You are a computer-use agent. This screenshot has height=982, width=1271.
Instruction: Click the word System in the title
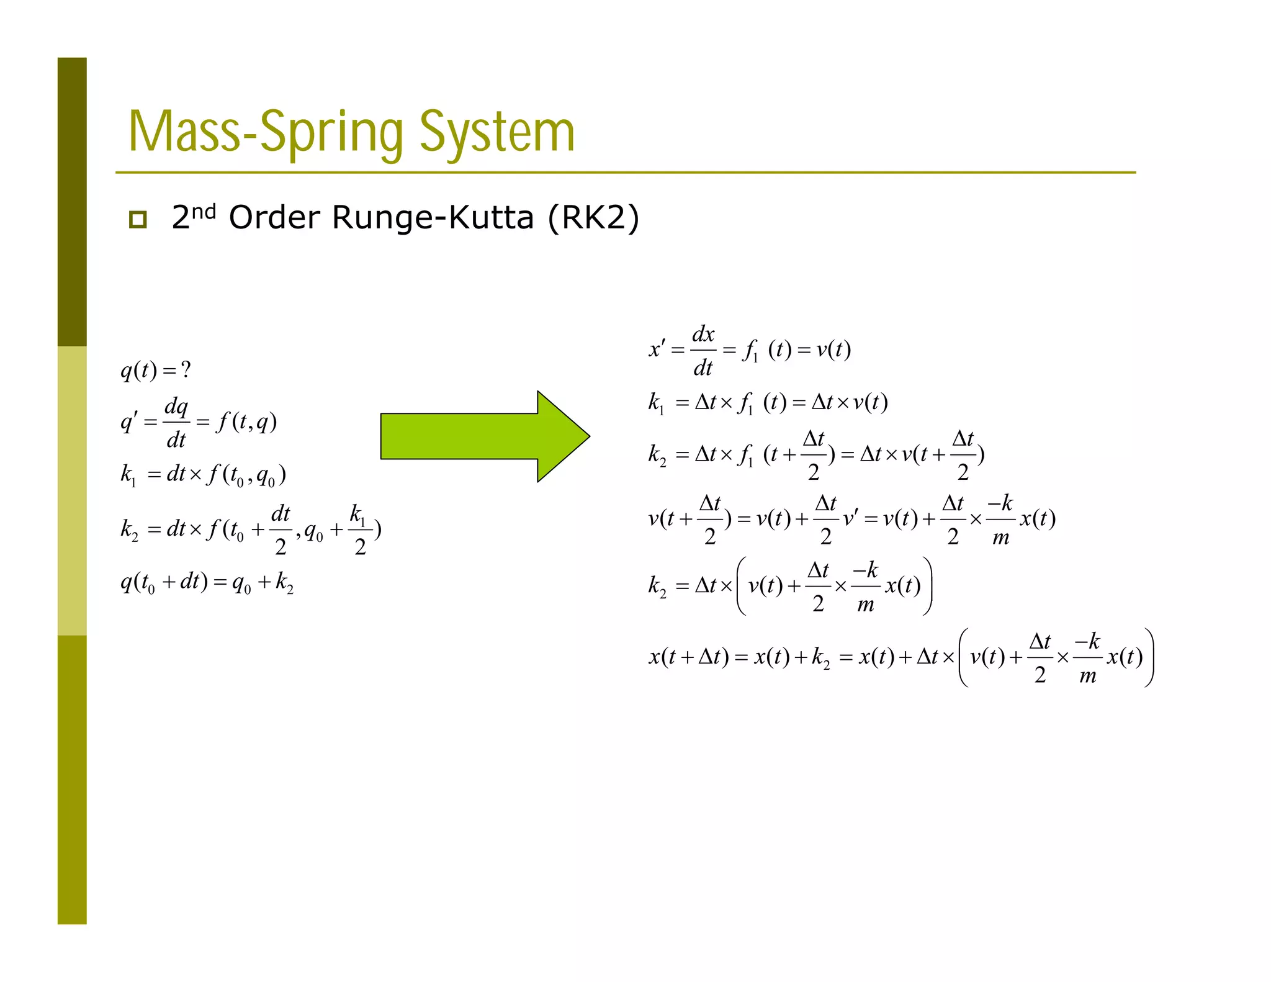pyautogui.click(x=497, y=132)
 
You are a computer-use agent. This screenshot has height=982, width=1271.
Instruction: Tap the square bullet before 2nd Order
pyautogui.click(x=138, y=219)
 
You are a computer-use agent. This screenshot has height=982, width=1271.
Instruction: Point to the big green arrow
pyautogui.click(x=485, y=436)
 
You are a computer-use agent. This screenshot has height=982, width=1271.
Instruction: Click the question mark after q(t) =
pyautogui.click(x=186, y=371)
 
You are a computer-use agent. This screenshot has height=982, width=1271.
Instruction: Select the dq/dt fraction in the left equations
pyautogui.click(x=176, y=423)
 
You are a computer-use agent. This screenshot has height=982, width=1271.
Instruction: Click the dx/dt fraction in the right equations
pyautogui.click(x=703, y=351)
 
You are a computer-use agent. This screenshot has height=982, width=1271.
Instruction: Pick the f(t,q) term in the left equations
pyautogui.click(x=246, y=422)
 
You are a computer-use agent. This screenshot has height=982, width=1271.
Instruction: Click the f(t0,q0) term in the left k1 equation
pyautogui.click(x=246, y=475)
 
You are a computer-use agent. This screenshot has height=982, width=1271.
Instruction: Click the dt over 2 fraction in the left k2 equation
pyautogui.click(x=281, y=529)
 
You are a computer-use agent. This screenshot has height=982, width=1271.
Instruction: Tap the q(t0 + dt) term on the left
pyautogui.click(x=164, y=582)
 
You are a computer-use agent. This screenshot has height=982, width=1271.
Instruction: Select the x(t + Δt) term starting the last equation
pyautogui.click(x=688, y=657)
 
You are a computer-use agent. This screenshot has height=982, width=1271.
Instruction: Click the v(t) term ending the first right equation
pyautogui.click(x=833, y=350)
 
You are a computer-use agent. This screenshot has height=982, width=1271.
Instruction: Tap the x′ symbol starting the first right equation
pyautogui.click(x=657, y=349)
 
